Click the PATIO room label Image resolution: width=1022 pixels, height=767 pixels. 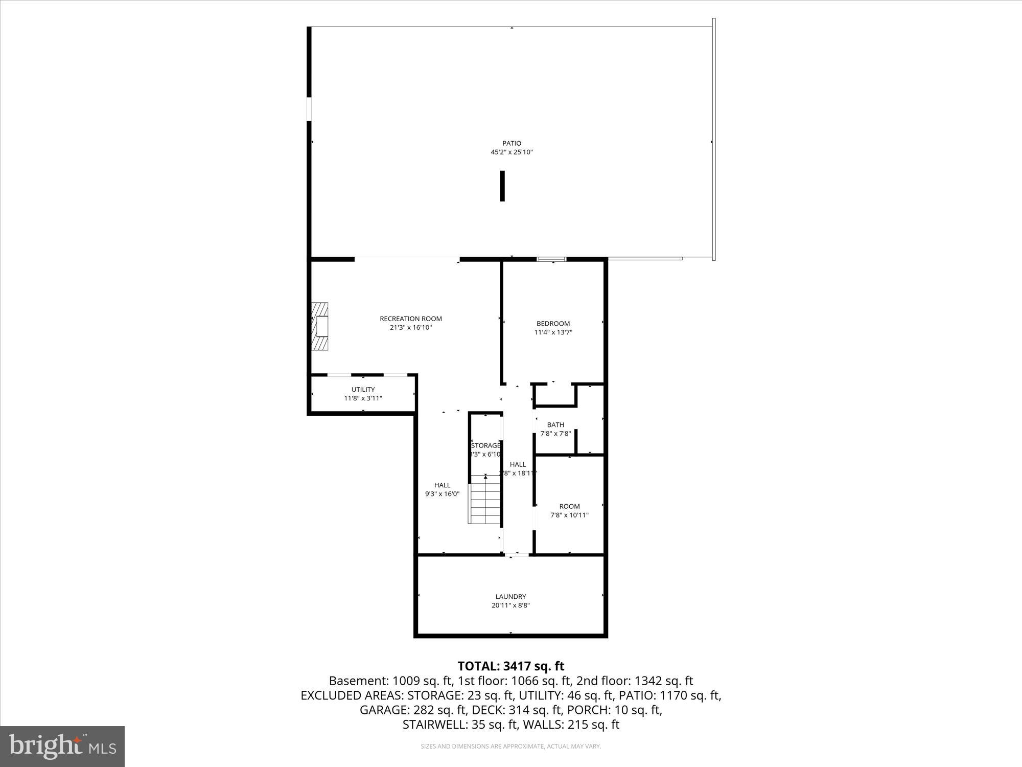(x=512, y=143)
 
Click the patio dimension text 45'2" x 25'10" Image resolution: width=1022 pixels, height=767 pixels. (x=512, y=152)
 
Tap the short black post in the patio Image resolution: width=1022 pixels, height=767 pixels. (x=502, y=186)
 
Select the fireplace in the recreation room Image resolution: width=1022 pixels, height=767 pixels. (x=319, y=326)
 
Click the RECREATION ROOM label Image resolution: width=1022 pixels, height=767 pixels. (x=411, y=319)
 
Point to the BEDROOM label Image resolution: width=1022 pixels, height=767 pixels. (x=553, y=323)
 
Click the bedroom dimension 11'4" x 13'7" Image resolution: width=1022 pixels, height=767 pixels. (x=553, y=332)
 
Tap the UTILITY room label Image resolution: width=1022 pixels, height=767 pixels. (x=363, y=390)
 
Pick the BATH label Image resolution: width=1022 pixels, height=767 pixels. (x=555, y=424)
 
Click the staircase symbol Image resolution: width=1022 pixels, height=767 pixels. (x=484, y=499)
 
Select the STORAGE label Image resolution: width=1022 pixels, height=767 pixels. (x=485, y=445)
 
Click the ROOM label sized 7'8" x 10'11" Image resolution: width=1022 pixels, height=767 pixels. (x=569, y=506)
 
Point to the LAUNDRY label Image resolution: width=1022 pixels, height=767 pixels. (x=510, y=596)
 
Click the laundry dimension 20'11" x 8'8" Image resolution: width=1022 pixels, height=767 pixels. (x=510, y=605)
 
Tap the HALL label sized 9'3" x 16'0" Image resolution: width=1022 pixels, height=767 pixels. (x=443, y=485)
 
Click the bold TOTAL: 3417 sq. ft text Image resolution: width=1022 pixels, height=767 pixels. (x=510, y=666)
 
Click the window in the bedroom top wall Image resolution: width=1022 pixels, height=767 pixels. (x=551, y=259)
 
